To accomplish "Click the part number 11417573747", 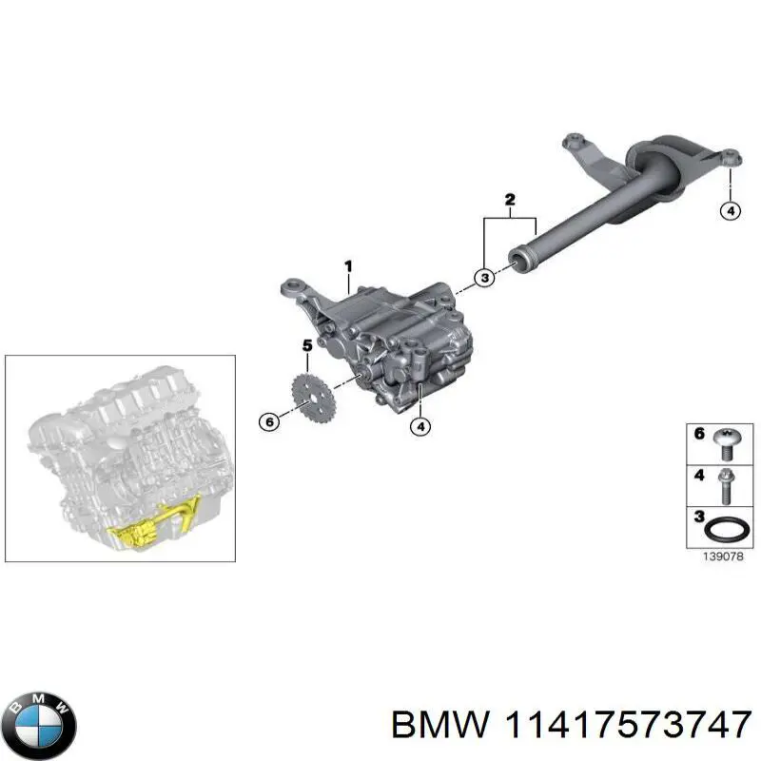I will [x=625, y=726].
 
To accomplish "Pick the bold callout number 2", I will [x=510, y=200].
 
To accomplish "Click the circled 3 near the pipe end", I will [x=485, y=278].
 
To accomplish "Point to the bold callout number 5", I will [x=306, y=345].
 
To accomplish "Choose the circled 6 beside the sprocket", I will [x=269, y=420].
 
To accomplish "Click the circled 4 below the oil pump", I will [x=420, y=427].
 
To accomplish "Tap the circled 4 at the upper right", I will [x=730, y=211].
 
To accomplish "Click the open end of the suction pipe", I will [x=518, y=259].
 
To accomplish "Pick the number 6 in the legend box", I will [x=699, y=434].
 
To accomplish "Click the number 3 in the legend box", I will [x=698, y=518].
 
